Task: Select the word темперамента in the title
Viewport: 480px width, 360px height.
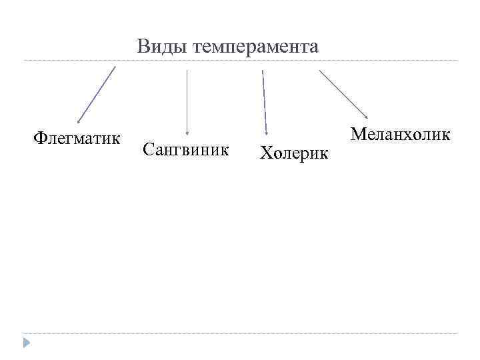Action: tap(255, 48)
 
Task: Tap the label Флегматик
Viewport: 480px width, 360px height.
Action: tap(77, 139)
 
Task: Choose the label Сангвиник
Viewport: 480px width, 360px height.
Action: tap(186, 149)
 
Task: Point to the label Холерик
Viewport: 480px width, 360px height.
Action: tap(294, 154)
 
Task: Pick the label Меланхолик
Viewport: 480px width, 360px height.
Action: tap(401, 134)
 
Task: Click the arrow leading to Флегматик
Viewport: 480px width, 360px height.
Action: tap(97, 94)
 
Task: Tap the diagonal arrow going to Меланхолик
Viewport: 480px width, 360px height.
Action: tap(344, 95)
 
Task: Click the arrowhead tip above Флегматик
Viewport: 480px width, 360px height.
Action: tap(79, 122)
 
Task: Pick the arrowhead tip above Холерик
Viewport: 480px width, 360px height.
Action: tap(267, 134)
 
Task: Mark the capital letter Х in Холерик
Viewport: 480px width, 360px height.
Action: tap(266, 154)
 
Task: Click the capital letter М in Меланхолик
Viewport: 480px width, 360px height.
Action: tap(359, 134)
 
